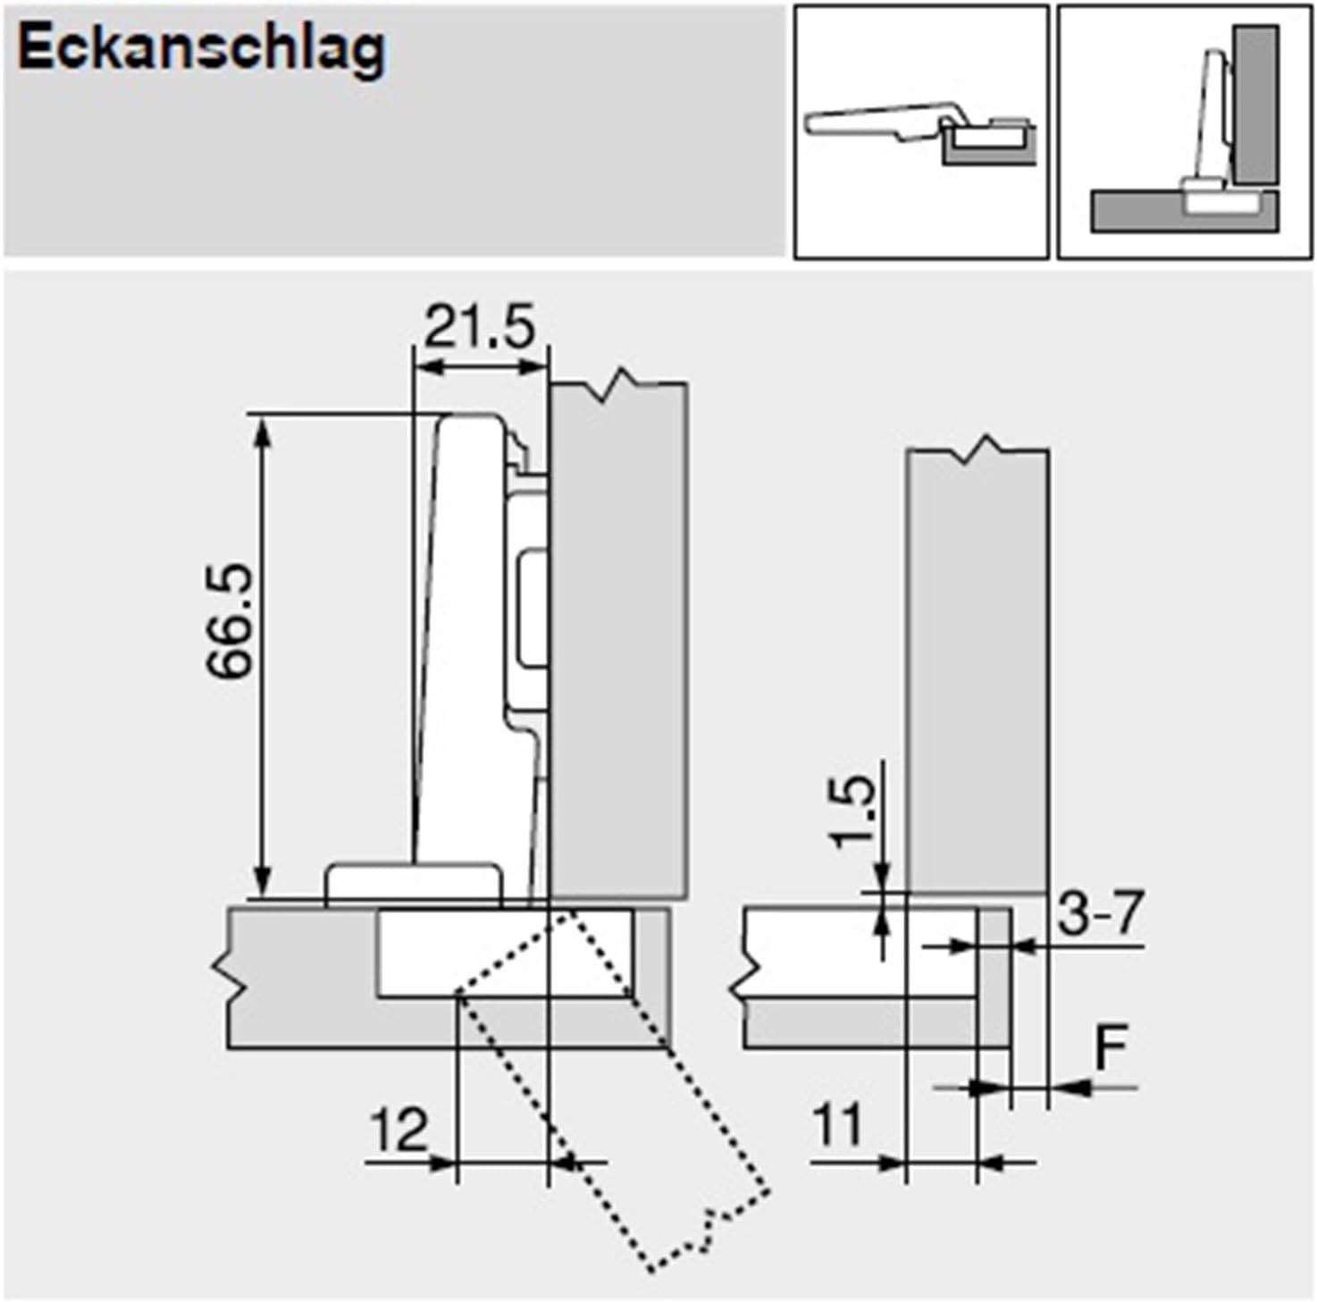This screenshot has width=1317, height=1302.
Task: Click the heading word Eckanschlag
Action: (x=202, y=48)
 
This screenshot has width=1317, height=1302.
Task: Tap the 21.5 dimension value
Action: (x=479, y=327)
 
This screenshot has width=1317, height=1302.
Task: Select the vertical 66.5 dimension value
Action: (x=231, y=621)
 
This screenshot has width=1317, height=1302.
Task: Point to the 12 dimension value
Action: (x=398, y=1130)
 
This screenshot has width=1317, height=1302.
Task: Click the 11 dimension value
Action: (x=838, y=1124)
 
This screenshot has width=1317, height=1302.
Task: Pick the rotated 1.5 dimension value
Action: (x=853, y=811)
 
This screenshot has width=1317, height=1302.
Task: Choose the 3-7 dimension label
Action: (x=1099, y=913)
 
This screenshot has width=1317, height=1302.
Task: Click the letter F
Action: (x=1111, y=1047)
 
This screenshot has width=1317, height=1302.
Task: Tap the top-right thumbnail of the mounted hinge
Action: (x=1184, y=131)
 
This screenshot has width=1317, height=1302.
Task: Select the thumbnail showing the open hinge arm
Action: (x=920, y=131)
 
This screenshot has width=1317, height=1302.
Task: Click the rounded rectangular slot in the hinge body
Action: (x=533, y=609)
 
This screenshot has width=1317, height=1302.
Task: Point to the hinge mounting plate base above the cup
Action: (x=413, y=884)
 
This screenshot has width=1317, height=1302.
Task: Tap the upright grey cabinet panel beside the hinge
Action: (x=618, y=639)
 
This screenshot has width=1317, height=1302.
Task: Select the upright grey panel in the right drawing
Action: (x=977, y=670)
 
